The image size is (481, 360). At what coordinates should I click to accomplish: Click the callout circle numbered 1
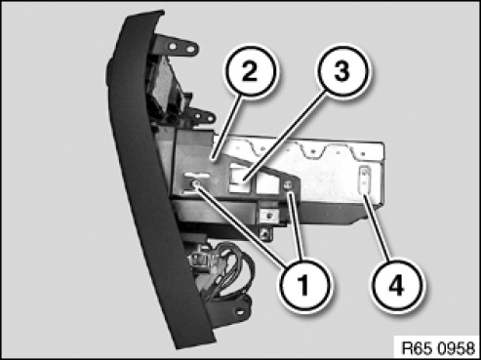pos(304,285)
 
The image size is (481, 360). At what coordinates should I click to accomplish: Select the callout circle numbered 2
pos(250,71)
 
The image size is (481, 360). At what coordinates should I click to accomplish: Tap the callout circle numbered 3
pos(341,71)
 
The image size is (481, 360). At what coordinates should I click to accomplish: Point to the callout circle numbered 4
pos(397,285)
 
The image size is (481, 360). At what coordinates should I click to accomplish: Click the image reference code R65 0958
pos(438,348)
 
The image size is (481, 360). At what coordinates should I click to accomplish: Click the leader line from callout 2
pos(226,127)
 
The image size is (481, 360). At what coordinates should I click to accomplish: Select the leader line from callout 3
pos(285,136)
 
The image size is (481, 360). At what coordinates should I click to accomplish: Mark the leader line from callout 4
pos(376,227)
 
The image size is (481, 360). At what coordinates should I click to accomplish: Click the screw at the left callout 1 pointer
pos(196,184)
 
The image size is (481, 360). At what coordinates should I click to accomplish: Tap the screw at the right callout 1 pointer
pos(288,185)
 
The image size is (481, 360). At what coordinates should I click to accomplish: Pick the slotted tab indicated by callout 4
pos(365,180)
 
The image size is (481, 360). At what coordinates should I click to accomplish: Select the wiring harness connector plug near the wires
pos(199,259)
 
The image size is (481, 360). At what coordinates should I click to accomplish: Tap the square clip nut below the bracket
pos(268,215)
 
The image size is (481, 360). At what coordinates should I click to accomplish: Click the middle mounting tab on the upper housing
pos(202,117)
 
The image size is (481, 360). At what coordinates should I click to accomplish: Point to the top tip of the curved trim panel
pos(162,12)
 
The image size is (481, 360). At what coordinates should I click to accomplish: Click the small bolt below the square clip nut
pos(266,233)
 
